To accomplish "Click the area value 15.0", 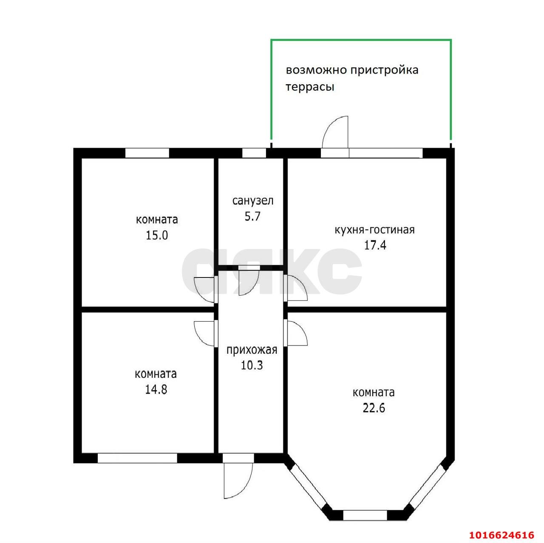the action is coord(157,235).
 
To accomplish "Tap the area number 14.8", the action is coord(156,389).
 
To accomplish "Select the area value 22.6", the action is coord(374,408).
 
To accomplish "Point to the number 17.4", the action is coord(375,245).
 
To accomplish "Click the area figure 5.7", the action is coord(252,217).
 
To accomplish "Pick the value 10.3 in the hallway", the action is coord(252,365).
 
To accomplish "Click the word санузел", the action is coord(253,201).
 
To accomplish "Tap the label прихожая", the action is coord(252,350).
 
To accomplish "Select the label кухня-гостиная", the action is coord(374,230).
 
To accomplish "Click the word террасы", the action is coord(310,87).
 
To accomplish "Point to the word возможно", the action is coord(317,70).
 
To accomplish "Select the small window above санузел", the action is coord(254,153).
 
